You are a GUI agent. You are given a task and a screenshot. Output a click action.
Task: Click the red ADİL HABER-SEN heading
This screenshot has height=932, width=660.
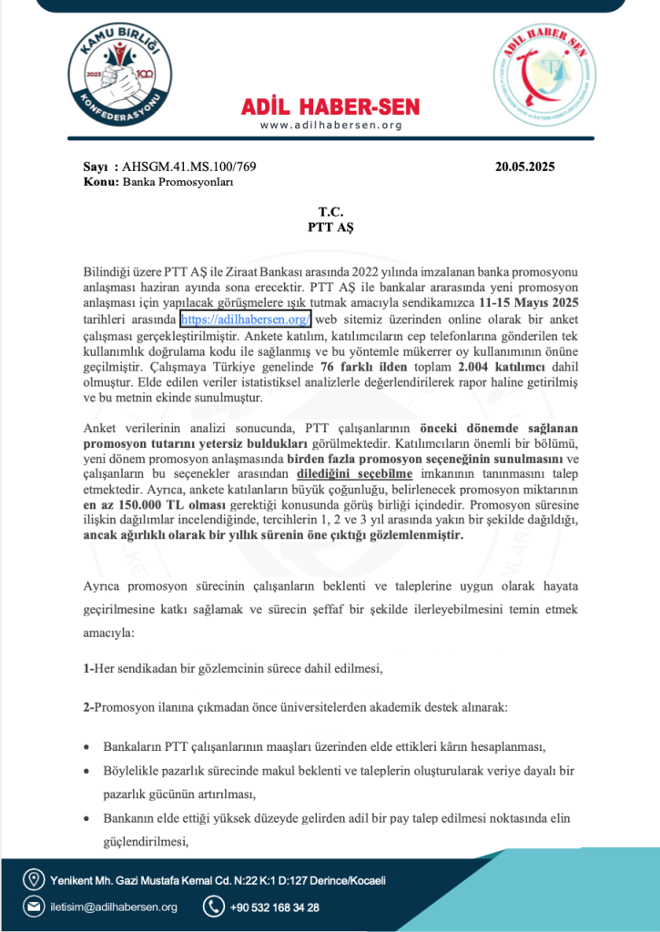click(330, 106)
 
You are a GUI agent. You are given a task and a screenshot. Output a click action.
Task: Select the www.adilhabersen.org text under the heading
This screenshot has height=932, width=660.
click(330, 126)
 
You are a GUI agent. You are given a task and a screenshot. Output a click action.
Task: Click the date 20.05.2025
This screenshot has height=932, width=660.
click(525, 167)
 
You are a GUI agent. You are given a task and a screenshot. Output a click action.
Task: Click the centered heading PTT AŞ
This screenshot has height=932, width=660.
click(330, 228)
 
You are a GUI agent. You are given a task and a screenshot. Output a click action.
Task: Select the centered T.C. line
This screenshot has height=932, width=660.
click(330, 212)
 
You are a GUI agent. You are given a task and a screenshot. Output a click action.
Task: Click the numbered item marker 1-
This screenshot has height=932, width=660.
click(87, 669)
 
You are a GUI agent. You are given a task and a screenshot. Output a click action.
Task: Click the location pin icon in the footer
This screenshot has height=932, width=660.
click(34, 880)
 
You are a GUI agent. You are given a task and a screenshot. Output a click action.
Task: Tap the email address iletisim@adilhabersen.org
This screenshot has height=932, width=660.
click(113, 907)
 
